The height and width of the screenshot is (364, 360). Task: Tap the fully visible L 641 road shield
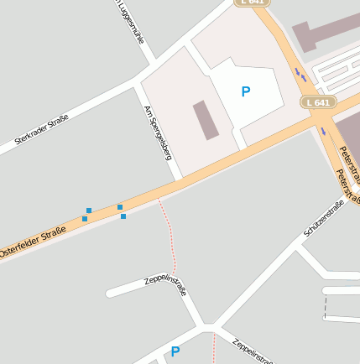(318, 102)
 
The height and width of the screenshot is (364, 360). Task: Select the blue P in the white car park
(245, 91)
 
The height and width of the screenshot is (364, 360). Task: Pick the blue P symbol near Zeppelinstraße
(175, 352)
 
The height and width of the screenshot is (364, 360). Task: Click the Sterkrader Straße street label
(41, 135)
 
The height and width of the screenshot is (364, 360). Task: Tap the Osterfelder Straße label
(32, 242)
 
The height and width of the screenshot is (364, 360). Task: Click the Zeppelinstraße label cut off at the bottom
(253, 351)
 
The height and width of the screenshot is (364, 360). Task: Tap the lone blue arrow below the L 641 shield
(324, 131)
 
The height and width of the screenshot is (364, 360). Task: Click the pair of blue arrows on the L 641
(300, 75)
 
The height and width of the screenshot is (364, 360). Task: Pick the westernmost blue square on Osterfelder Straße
(85, 219)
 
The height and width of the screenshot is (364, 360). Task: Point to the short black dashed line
(325, 308)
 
